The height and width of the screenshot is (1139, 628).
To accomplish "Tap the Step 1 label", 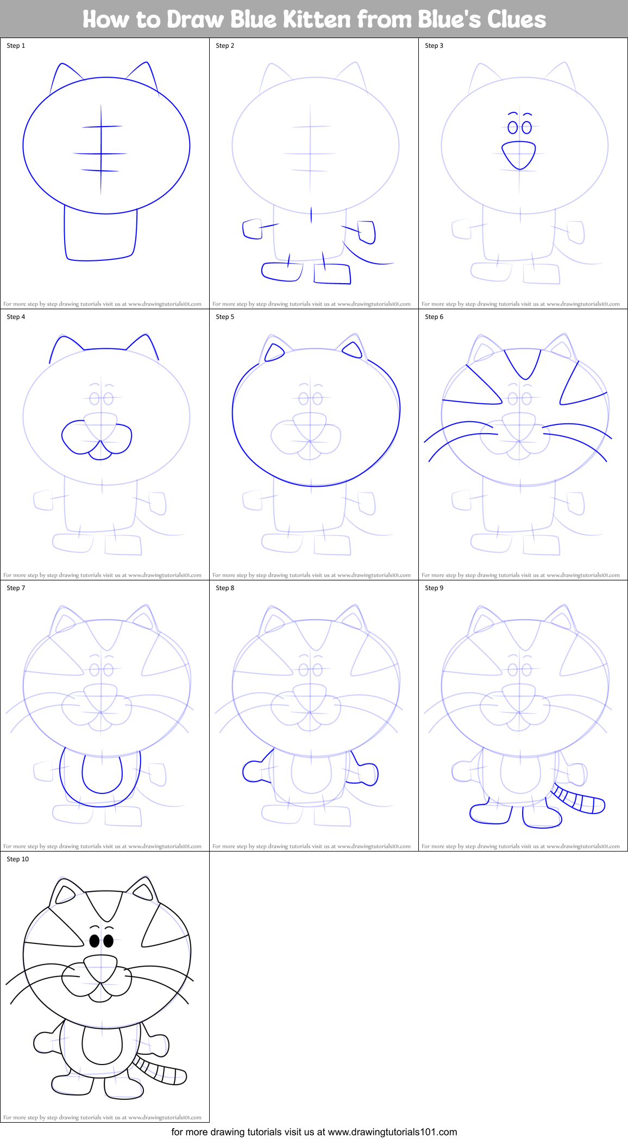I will click(16, 46).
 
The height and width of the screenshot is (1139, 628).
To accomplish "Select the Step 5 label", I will click(225, 317).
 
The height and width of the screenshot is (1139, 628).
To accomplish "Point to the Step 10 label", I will click(18, 859).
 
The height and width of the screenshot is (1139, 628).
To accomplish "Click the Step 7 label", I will click(16, 588).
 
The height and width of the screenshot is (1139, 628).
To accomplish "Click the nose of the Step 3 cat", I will click(519, 154).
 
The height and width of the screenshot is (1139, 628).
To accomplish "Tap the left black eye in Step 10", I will click(95, 940).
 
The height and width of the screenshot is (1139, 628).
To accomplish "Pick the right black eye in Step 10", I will click(108, 940).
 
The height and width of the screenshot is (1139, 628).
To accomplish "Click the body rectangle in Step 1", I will click(100, 234).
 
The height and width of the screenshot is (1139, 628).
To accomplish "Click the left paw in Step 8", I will click(252, 771).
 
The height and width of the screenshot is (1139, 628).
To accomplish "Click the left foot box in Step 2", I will click(281, 271).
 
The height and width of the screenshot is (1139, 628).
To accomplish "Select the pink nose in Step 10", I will click(101, 967).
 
